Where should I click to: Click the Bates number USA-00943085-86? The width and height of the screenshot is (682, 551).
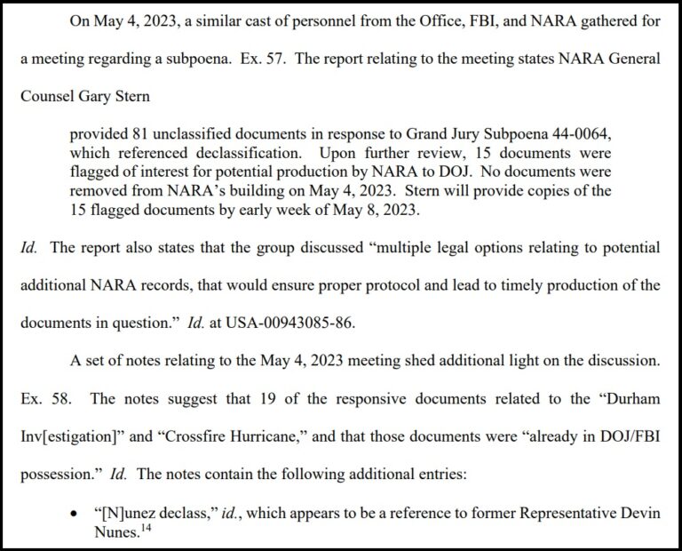click(290, 323)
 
